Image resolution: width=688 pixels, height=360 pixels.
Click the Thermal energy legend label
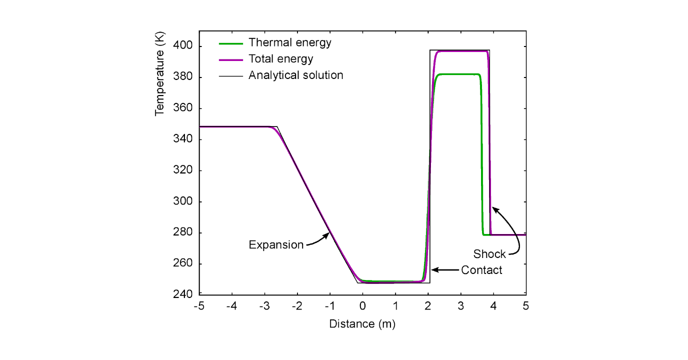pos(289,42)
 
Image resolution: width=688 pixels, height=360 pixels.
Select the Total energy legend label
pos(280,59)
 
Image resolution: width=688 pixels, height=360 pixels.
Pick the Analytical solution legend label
pos(295,75)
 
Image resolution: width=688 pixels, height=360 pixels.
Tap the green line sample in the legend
pos(231,42)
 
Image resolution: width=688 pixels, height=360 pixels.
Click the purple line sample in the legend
pos(231,59)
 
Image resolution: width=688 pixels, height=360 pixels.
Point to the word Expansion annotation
pos(276,245)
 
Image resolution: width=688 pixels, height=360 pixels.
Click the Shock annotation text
pos(489,254)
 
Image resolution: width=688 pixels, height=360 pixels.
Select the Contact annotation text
pos(481,270)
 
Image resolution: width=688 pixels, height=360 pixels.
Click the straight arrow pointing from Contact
pos(444,270)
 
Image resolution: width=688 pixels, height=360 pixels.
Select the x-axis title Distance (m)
pos(362,324)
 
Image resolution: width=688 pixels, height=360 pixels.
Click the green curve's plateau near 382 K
pos(457,74)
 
